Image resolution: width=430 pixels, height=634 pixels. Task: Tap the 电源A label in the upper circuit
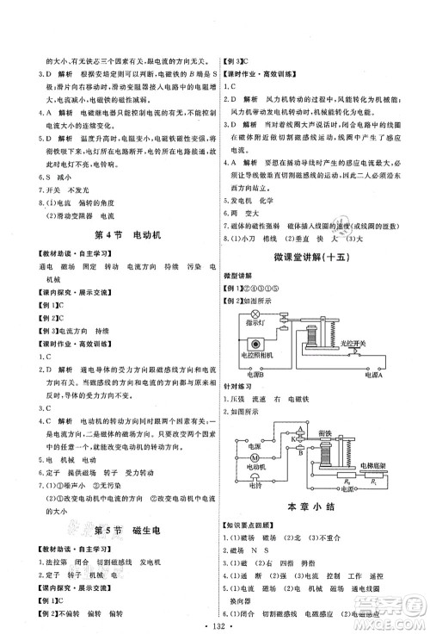372,376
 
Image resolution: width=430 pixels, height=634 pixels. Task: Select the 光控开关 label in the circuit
353,342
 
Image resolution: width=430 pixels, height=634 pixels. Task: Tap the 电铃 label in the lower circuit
255,484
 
